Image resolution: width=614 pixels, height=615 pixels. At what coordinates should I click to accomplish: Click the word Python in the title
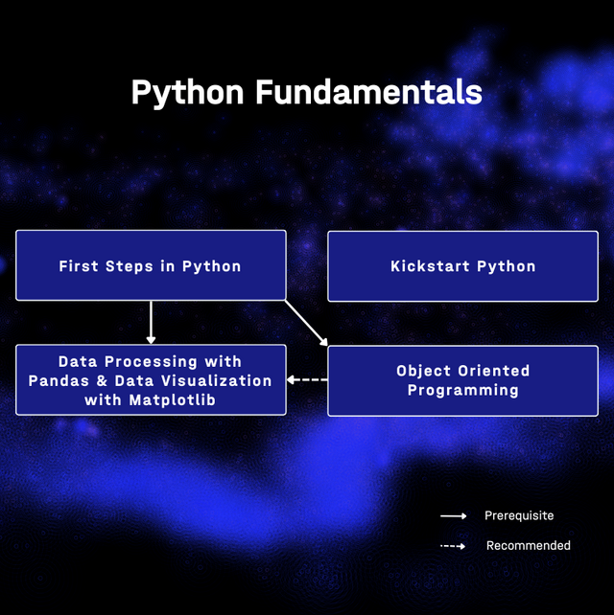[187, 93]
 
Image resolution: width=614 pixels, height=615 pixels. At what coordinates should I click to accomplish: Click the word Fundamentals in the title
[368, 92]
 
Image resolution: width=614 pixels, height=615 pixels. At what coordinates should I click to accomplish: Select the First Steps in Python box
[151, 265]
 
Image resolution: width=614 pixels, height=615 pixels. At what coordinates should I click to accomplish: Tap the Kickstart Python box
[462, 266]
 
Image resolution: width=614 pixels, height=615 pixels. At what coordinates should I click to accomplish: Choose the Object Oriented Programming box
[462, 380]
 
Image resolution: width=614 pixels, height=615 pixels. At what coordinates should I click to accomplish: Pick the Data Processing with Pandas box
[151, 379]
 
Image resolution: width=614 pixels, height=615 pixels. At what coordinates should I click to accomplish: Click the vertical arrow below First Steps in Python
[151, 323]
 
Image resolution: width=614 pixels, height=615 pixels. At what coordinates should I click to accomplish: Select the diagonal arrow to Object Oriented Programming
[306, 323]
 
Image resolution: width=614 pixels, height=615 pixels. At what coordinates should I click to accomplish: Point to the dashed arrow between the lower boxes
[307, 379]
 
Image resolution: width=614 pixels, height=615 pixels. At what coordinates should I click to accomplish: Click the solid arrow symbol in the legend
[454, 515]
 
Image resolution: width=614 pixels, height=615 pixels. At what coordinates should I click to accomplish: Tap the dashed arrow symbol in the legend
[453, 546]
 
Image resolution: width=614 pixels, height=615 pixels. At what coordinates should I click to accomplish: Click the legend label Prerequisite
[519, 516]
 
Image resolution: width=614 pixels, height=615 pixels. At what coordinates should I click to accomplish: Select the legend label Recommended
[529, 546]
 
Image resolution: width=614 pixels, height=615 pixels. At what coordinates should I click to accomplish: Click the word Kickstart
[430, 266]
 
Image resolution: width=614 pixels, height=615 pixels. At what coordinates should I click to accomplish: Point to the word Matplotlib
[173, 400]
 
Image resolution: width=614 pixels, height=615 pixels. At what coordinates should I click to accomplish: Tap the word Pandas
[59, 381]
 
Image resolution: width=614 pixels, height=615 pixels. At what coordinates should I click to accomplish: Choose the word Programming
[463, 391]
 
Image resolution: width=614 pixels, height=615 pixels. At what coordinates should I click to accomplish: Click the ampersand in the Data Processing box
[102, 381]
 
